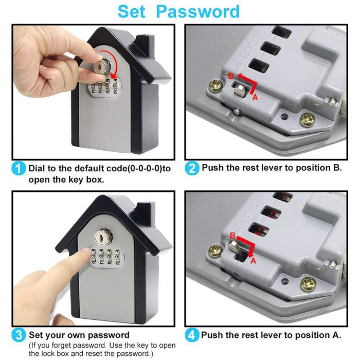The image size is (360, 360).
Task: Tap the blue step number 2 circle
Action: [x=192, y=168]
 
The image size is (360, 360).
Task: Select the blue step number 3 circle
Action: [x=19, y=335]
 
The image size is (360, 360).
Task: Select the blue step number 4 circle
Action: [x=192, y=335]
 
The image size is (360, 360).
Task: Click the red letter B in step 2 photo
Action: [x=230, y=76]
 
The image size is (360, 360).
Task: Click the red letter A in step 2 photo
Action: [x=254, y=97]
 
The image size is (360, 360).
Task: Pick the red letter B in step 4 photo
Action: [x=232, y=235]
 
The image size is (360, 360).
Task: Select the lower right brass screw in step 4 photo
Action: [x=309, y=282]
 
